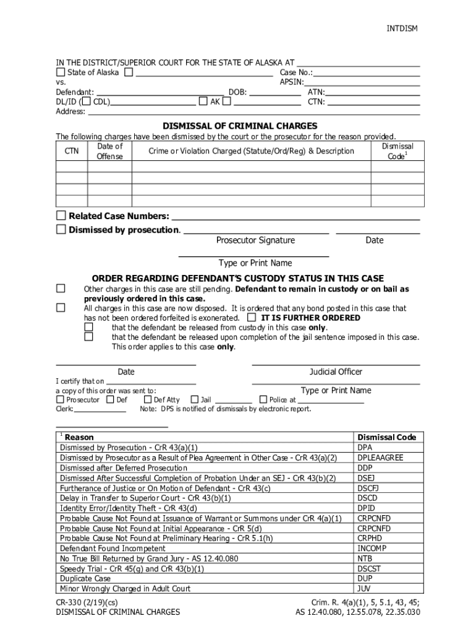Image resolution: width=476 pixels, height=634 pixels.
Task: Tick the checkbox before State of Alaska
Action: pyautogui.click(x=61, y=72)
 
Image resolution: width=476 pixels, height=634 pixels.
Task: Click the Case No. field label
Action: pyautogui.click(x=296, y=72)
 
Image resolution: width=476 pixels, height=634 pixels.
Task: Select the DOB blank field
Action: pyautogui.click(x=275, y=92)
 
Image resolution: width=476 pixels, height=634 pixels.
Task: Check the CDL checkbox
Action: pyautogui.click(x=88, y=102)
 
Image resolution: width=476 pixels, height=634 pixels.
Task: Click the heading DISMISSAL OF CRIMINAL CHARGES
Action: pyautogui.click(x=240, y=125)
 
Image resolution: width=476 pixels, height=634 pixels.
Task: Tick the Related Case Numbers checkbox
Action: pyautogui.click(x=61, y=215)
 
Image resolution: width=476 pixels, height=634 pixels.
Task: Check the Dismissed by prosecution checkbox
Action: pyautogui.click(x=61, y=230)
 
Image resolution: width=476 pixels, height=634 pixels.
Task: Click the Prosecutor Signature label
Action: pyautogui.click(x=255, y=240)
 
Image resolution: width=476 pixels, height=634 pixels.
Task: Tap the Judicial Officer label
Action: pyautogui.click(x=336, y=371)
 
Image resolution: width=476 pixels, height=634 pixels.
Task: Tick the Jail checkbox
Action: pyautogui.click(x=195, y=400)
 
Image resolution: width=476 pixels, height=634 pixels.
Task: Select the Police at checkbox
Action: pyautogui.click(x=263, y=400)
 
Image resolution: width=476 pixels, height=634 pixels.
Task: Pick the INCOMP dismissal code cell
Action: pyautogui.click(x=371, y=549)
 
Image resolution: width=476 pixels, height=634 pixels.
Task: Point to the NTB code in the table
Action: pyautogui.click(x=365, y=558)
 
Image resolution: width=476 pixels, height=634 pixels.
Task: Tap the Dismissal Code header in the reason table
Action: pyautogui.click(x=386, y=437)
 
